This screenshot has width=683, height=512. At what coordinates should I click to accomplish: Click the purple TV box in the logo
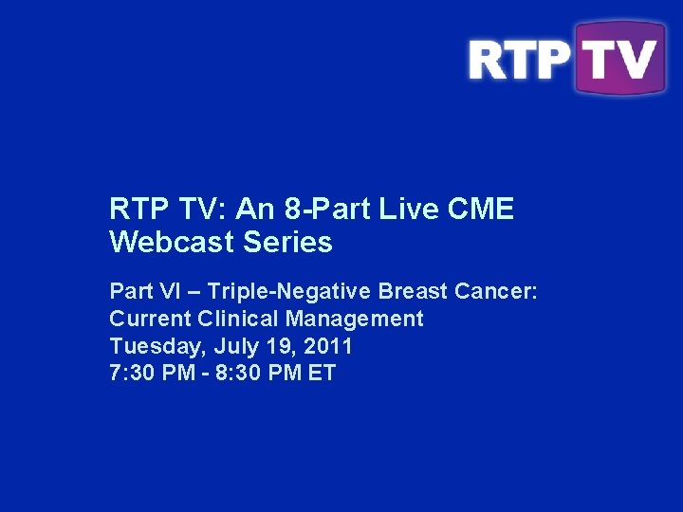(x=619, y=59)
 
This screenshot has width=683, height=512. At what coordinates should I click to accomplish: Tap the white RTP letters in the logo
(x=519, y=60)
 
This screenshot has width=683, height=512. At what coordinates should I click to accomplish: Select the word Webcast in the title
(x=167, y=243)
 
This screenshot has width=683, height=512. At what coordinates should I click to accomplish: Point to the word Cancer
(x=502, y=290)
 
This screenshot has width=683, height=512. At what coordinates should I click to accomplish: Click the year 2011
(x=328, y=345)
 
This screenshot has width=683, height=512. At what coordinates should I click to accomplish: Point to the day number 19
(x=276, y=345)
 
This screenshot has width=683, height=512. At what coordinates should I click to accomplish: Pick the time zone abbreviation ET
(x=322, y=373)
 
